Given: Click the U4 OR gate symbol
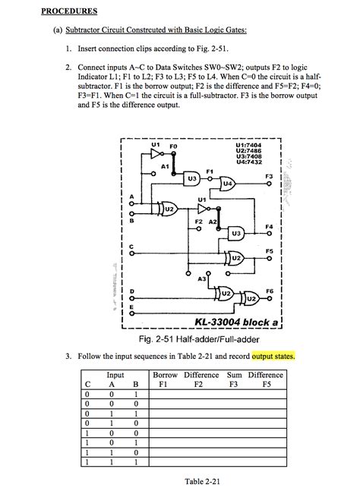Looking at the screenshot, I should coord(227,184).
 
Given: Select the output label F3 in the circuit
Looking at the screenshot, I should coord(268,176).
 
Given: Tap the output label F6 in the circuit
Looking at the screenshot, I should coord(269,291).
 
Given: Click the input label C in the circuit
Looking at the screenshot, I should coord(131,246).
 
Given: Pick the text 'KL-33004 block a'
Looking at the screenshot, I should coord(237,322).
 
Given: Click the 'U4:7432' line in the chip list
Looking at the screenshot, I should coord(249,161).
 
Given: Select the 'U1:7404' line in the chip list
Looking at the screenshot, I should coord(249,144).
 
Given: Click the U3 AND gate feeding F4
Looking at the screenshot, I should coord(236,233).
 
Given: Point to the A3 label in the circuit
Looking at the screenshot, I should coord(201,279).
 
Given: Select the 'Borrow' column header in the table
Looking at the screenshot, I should coord(165,375).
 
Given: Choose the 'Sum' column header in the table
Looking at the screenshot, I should coord(234,375).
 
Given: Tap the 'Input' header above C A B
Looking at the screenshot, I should coord(115,375).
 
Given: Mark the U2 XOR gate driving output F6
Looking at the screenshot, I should coord(251,299).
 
